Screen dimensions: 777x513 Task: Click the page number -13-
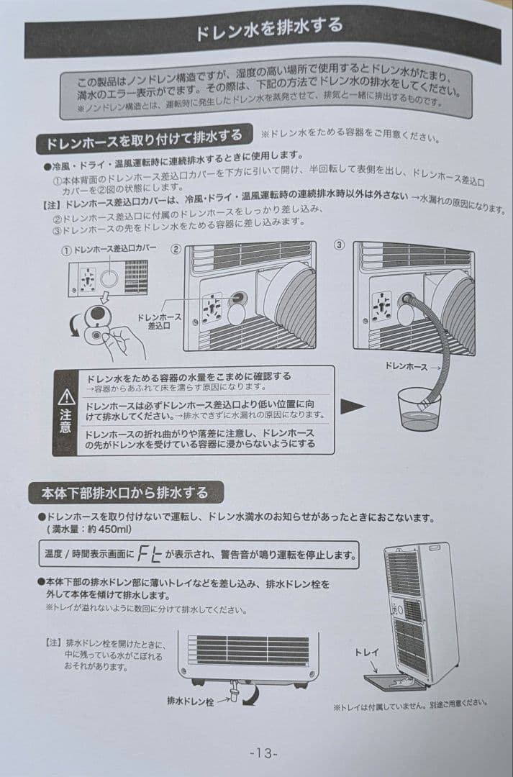(263, 753)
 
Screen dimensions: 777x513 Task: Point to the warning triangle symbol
(66, 397)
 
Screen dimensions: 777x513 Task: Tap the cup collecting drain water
(419, 409)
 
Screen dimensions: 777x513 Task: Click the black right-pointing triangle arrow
(353, 408)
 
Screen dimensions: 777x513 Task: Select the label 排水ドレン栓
(190, 699)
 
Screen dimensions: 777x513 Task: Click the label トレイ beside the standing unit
(367, 653)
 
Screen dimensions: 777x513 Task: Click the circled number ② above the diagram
(175, 248)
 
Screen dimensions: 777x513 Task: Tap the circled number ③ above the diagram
(340, 245)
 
